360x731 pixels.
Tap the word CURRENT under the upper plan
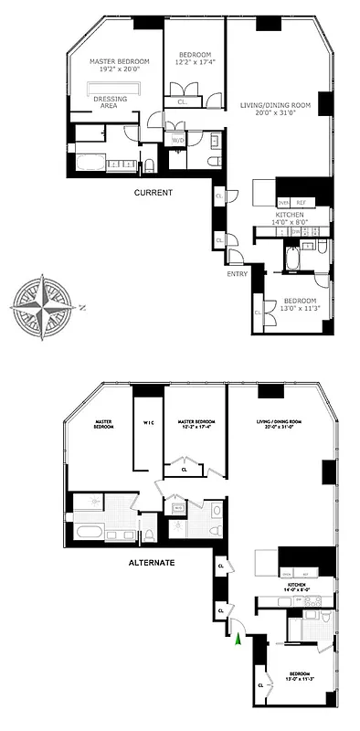(154, 193)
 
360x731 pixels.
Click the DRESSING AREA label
(111, 102)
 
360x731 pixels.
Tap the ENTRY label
(238, 273)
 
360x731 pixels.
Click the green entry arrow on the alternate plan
(239, 641)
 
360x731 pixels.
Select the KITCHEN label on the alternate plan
(296, 584)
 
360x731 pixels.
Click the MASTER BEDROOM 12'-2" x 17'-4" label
(196, 423)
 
